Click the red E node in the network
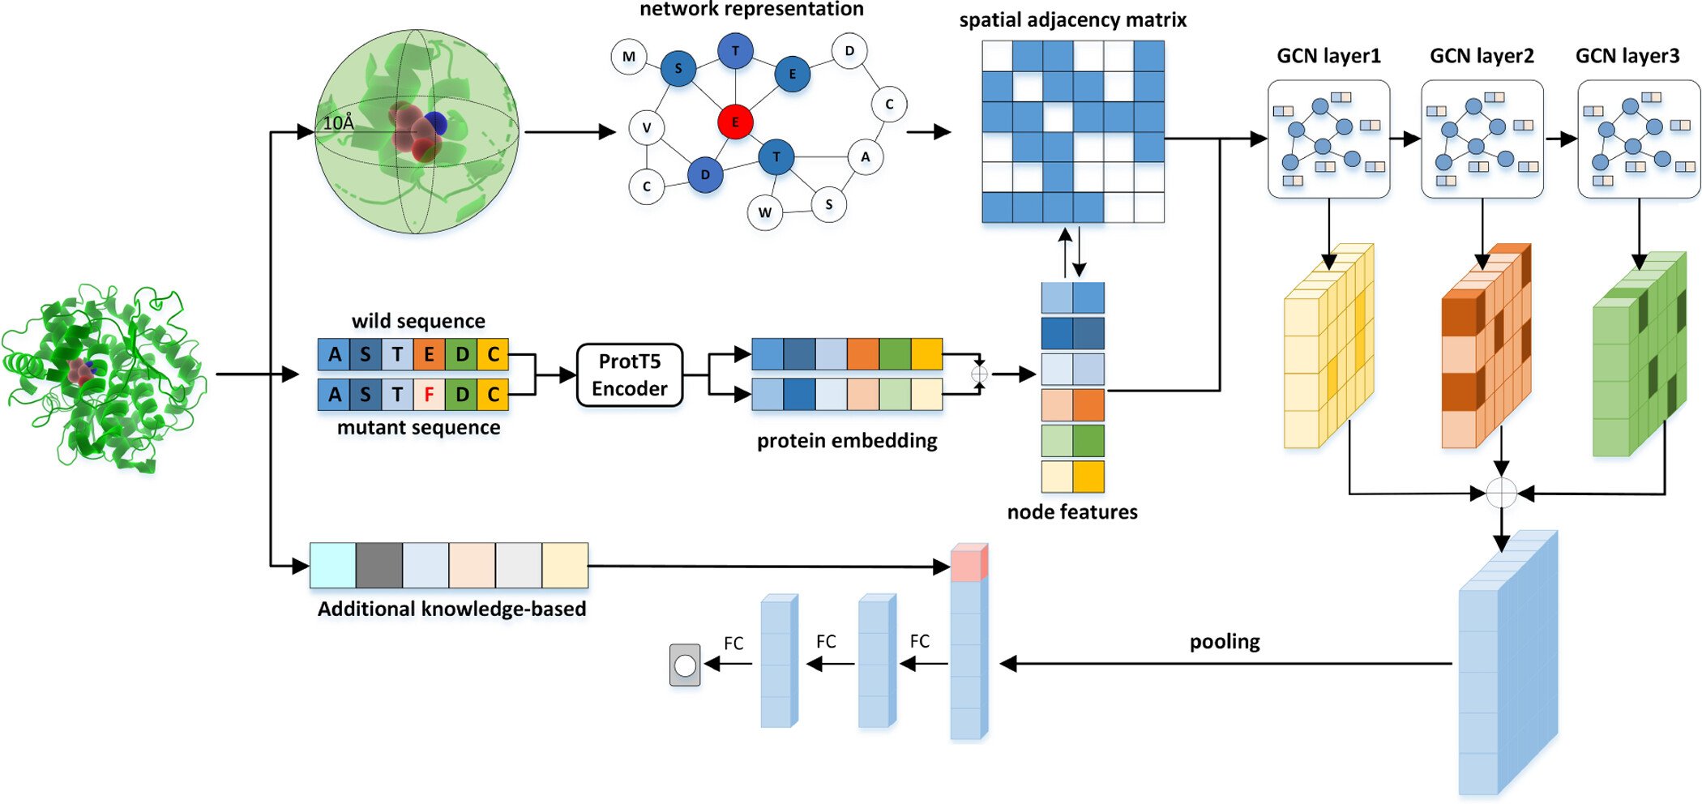pyautogui.click(x=735, y=122)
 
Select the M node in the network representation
pyautogui.click(x=629, y=57)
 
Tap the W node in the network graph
pyautogui.click(x=764, y=213)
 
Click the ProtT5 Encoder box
pyautogui.click(x=630, y=374)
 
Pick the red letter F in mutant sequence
pyautogui.click(x=429, y=395)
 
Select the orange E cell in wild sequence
pyautogui.click(x=429, y=354)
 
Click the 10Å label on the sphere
pyautogui.click(x=339, y=123)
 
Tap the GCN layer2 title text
pyautogui.click(x=1482, y=56)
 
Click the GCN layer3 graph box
pyautogui.click(x=1638, y=139)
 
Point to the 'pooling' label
pyautogui.click(x=1225, y=642)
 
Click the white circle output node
pyautogui.click(x=685, y=665)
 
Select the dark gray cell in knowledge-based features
pyautogui.click(x=379, y=566)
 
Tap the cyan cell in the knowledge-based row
pyautogui.click(x=333, y=566)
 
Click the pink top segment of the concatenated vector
pyautogui.click(x=968, y=563)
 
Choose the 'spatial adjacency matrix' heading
pyautogui.click(x=1072, y=20)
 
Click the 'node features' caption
pyautogui.click(x=1071, y=512)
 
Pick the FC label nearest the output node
pyautogui.click(x=733, y=644)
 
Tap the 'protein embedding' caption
pyautogui.click(x=847, y=441)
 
